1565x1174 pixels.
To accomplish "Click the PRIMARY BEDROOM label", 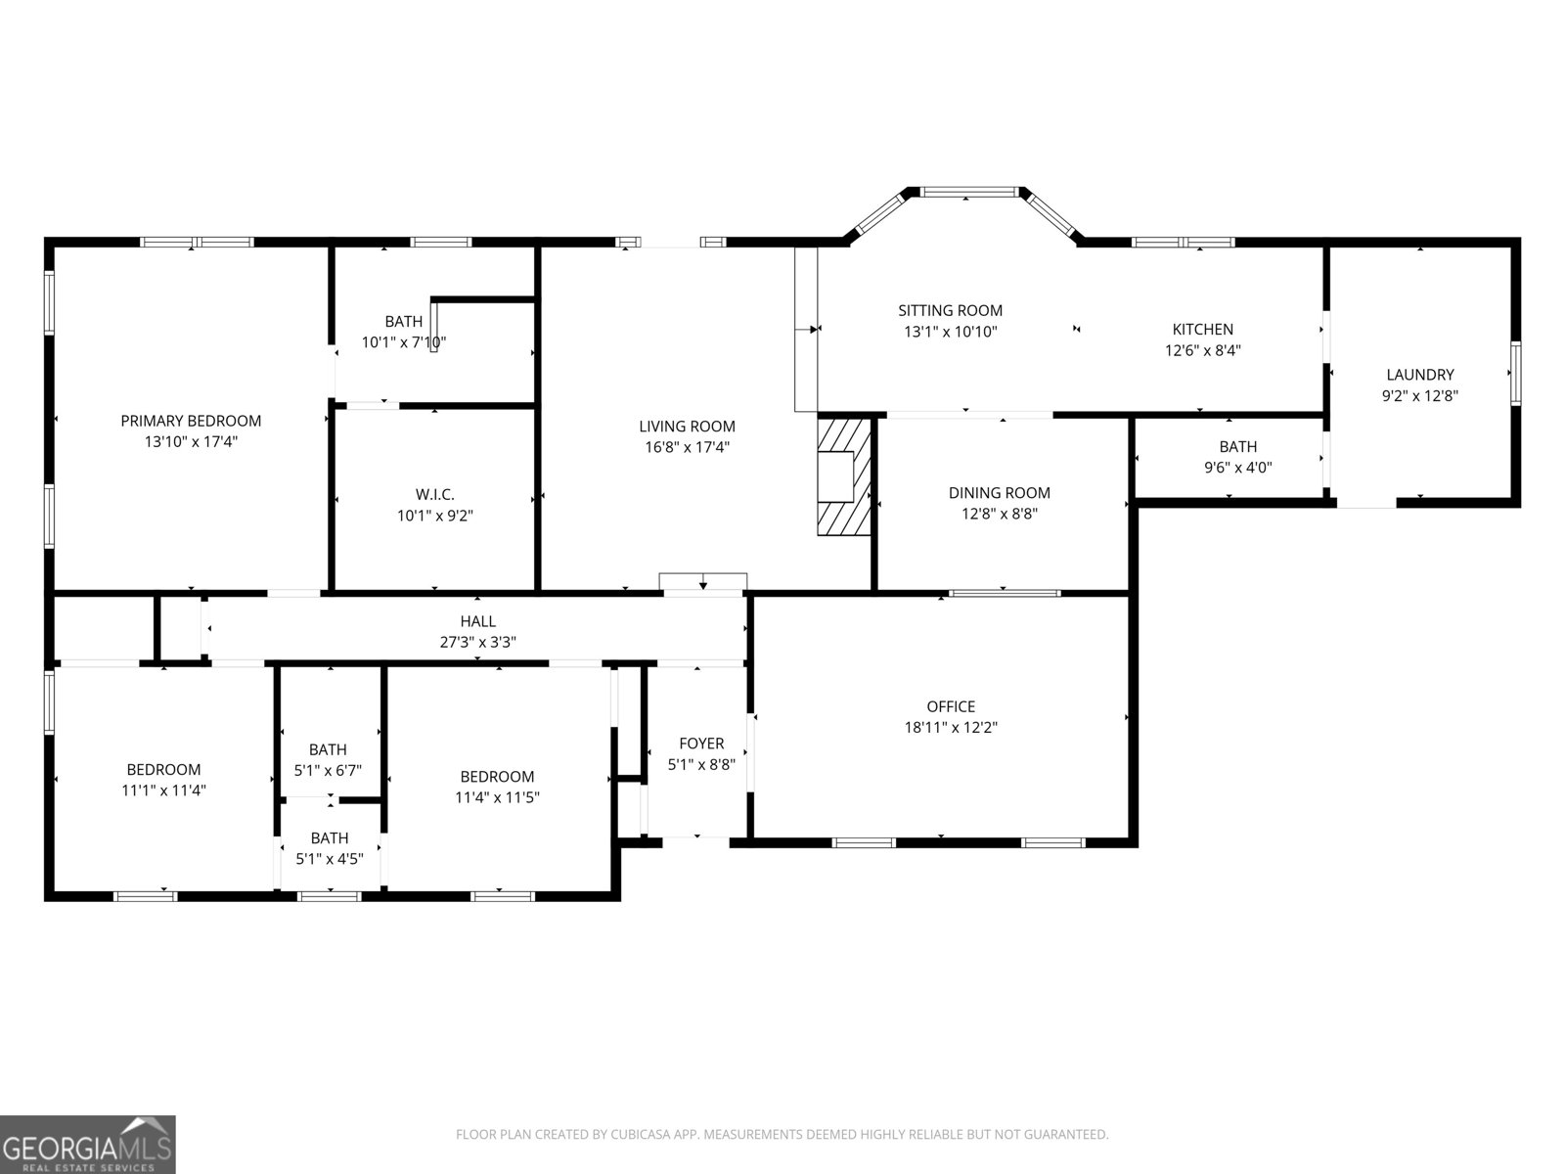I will point(191,421).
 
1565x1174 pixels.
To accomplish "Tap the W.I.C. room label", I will point(434,494).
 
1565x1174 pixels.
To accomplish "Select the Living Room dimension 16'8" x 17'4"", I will point(687,447).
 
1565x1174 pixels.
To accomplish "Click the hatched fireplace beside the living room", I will point(843,476).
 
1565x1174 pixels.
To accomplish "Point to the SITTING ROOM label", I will point(950,310).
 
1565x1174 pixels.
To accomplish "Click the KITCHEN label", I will point(1202,330).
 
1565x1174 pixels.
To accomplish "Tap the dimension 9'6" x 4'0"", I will point(1237,468).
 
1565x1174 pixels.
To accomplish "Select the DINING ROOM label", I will point(999,493).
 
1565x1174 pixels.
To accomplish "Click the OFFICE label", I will point(951,706).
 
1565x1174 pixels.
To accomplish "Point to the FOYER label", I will point(701,744).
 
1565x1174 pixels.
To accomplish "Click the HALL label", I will point(477,621).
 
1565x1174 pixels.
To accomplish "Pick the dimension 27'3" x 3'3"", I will point(477,643).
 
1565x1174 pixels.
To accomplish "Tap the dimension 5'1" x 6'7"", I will point(328,770).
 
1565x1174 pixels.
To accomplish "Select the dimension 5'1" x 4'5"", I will point(330,859).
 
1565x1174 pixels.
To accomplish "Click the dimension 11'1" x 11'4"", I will point(163,790).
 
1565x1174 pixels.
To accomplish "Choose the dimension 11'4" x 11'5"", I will point(497,797).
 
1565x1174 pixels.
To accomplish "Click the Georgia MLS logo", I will point(87,1144).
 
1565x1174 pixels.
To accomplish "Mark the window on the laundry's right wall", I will point(1515,372).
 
